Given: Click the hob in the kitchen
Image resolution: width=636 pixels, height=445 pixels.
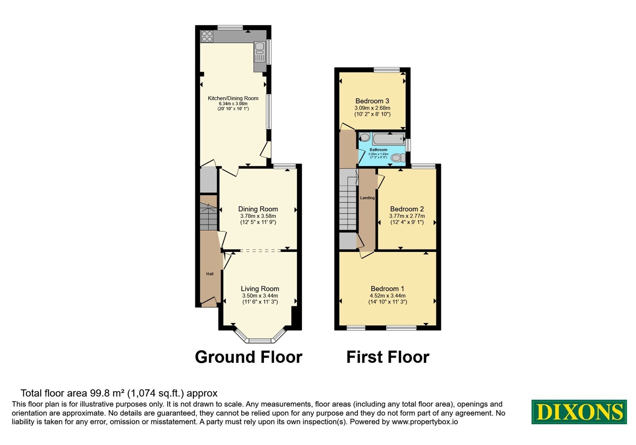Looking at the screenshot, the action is tap(207, 36).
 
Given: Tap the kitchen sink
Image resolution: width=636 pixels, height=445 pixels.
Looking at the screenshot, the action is tap(260, 52).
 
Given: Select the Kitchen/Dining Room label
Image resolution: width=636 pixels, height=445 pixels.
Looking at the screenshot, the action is tap(233, 98).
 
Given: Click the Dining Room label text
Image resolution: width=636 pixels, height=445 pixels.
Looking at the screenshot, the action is tap(258, 209).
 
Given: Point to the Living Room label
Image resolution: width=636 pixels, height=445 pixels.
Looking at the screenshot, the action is tap(260, 288).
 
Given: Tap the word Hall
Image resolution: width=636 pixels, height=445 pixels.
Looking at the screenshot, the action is tap(210, 274).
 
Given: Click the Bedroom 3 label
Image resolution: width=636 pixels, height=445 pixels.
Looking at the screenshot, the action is tap(372, 101).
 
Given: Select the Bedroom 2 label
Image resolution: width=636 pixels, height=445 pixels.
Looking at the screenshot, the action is tap(407, 209).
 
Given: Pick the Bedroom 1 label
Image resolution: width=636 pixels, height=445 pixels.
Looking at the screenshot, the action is tap(387, 288).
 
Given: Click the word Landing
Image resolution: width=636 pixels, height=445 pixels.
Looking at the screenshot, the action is tap(367, 198).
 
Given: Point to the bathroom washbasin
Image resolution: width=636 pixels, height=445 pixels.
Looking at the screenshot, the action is tap(365, 138).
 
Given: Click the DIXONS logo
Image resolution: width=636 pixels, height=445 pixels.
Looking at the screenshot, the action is tap(579, 412).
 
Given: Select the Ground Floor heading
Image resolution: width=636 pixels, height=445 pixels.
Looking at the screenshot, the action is tap(248, 357).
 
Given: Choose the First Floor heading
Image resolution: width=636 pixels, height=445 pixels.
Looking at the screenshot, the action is tap(388, 357).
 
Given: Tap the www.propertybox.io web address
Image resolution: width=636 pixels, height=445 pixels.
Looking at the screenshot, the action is tap(425, 422).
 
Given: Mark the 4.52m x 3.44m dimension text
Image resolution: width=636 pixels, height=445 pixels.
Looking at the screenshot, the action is tap(388, 296).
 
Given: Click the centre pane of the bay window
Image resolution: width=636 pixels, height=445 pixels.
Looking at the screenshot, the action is tap(260, 341).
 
